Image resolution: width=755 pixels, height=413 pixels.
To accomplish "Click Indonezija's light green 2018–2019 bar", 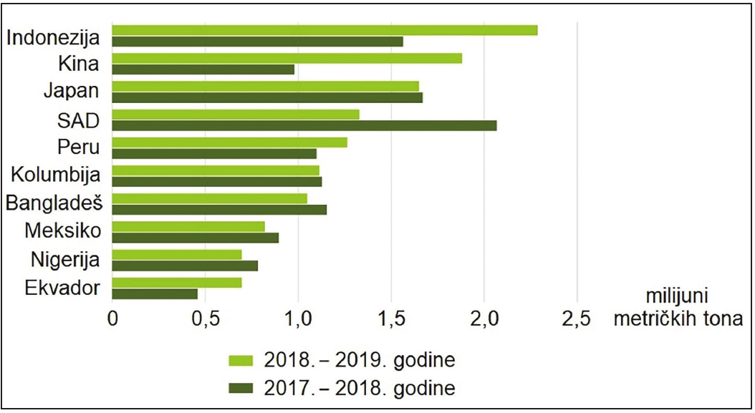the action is click(324, 30).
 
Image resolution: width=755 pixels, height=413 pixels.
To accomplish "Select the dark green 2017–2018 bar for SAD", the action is click(304, 126).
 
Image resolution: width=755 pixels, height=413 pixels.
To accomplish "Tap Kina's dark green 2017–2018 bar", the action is click(203, 70).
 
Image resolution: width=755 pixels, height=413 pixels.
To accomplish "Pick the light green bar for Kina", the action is click(287, 58).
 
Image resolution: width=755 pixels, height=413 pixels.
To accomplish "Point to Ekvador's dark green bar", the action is click(155, 293).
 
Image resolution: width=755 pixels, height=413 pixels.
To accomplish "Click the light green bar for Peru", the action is click(230, 142).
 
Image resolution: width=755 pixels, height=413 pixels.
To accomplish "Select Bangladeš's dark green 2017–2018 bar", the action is click(219, 210).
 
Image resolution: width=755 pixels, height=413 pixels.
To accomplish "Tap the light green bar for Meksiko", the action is click(188, 226).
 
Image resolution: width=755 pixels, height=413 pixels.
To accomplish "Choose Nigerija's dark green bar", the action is click(185, 266).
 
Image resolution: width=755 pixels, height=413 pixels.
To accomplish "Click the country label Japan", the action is click(71, 91).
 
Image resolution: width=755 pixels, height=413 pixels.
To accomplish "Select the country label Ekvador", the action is click(62, 288).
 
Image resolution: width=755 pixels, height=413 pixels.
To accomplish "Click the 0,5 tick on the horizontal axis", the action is click(206, 319).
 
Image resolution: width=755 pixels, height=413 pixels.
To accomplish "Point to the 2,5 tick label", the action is click(577, 319).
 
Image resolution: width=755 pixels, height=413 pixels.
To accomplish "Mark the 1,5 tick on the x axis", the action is click(391, 319).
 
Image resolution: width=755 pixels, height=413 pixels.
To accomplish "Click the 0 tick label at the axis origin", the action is click(112, 319).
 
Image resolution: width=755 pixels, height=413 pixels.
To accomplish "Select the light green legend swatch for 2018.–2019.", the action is click(241, 361).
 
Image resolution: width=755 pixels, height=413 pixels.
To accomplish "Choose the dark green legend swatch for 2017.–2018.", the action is click(241, 389).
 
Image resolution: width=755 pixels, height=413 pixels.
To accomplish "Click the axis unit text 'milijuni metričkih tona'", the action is click(678, 308).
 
